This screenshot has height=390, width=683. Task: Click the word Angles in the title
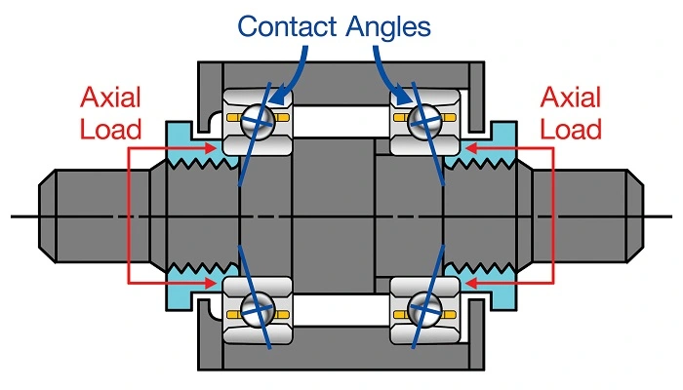coord(388,25)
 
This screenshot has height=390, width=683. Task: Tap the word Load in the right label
coord(571,128)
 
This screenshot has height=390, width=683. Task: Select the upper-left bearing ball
coord(257,120)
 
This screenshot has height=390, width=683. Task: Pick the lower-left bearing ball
coord(257,310)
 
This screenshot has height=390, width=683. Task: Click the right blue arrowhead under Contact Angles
coord(403,97)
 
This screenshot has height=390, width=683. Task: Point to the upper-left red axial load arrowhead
coord(209,148)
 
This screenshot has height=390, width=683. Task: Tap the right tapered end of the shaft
coord(634,215)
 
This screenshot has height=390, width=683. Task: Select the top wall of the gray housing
coord(341,72)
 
